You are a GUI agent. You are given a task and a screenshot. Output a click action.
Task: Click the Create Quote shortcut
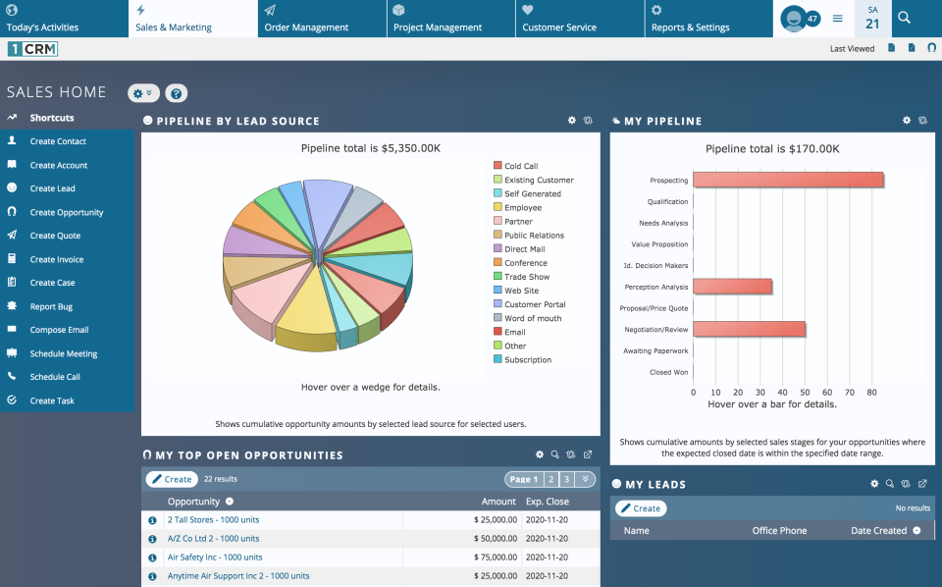tap(55, 236)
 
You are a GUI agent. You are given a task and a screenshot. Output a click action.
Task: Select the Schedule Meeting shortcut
tap(63, 353)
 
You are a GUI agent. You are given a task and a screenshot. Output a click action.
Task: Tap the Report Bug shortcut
tap(51, 306)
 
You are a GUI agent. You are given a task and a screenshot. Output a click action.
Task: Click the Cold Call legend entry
tap(520, 166)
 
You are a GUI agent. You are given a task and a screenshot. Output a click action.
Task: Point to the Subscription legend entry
tap(527, 360)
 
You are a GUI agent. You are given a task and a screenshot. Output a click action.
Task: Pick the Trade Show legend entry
tap(526, 277)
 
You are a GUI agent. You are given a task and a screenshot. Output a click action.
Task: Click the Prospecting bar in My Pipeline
tap(788, 181)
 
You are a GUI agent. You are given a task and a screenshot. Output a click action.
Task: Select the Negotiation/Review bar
tap(749, 330)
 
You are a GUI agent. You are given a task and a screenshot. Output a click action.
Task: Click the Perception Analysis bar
tap(732, 287)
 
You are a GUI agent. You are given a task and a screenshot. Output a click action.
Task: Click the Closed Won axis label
tap(667, 372)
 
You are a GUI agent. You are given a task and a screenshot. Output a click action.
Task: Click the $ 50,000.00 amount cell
tap(495, 539)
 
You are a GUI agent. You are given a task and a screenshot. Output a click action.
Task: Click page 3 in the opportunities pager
tap(567, 480)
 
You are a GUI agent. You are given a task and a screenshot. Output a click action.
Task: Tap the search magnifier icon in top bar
tap(904, 18)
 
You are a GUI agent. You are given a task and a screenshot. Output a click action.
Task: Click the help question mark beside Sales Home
tap(176, 93)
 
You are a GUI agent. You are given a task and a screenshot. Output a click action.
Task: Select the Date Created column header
tap(877, 531)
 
